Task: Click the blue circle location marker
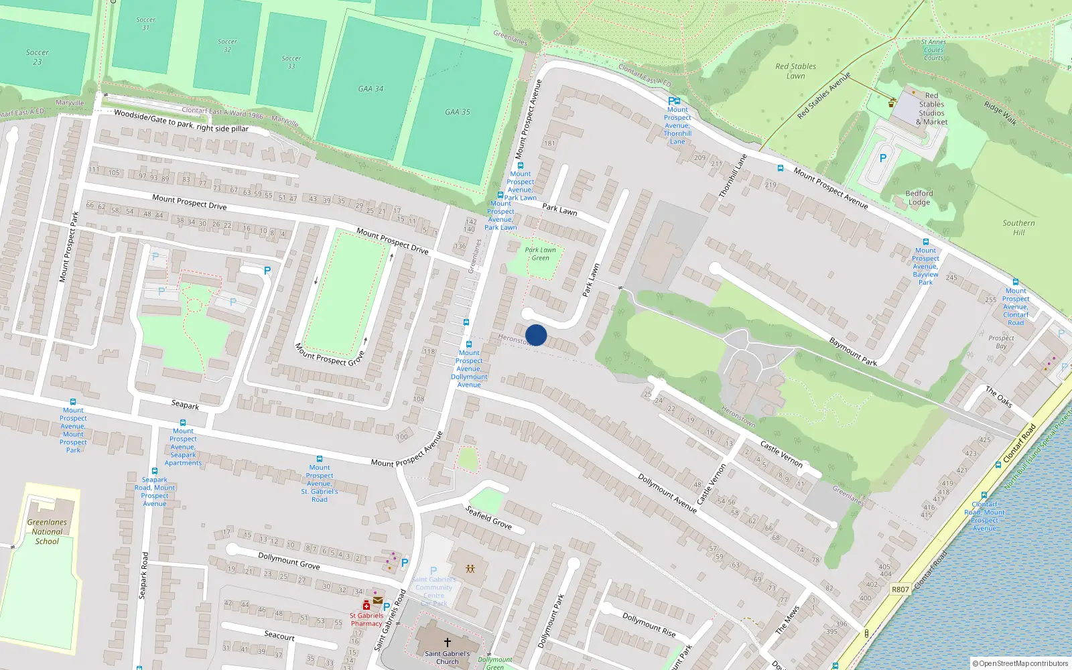coord(536,335)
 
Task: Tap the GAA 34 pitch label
coord(371,88)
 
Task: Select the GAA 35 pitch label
coord(458,112)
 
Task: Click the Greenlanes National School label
coord(47,532)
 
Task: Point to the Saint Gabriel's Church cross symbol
coord(448,642)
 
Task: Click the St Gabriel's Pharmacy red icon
coord(366,605)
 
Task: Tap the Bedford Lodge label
coord(919,198)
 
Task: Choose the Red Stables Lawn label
coord(795,71)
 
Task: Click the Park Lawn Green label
coord(540,254)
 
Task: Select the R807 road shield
coord(900,590)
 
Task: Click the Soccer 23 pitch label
coord(38,57)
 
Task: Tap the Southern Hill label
coord(1018,228)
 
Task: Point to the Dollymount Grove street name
coord(289,561)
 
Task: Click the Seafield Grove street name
coord(488,517)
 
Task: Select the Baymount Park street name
coord(853,352)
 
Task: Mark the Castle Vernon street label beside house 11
coord(781,454)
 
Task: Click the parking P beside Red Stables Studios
coord(883,159)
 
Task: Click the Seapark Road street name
coord(143,575)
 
